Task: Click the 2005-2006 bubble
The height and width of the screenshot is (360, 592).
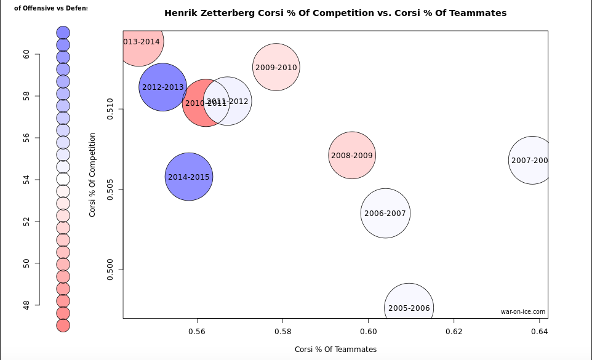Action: tap(409, 308)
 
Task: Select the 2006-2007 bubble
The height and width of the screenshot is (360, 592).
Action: tap(385, 214)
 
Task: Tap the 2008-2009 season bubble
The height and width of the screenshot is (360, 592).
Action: tap(352, 156)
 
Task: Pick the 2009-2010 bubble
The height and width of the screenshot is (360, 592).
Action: tap(276, 67)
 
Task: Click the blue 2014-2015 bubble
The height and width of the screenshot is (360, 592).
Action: tap(189, 177)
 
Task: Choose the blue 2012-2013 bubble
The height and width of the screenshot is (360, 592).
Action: tap(162, 87)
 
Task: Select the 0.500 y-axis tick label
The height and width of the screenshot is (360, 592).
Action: tap(111, 270)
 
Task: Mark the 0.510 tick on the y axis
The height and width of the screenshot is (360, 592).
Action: tap(111, 110)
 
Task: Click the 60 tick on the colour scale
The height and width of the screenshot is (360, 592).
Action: tap(27, 54)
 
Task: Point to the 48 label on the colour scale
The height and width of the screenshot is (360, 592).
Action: tap(27, 305)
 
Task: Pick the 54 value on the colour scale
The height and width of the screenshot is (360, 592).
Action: tap(27, 180)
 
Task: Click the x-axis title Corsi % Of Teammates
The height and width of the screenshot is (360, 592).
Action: tap(335, 349)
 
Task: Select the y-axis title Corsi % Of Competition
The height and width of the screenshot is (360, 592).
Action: tap(92, 175)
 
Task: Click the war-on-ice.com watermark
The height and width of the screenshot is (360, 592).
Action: tap(522, 311)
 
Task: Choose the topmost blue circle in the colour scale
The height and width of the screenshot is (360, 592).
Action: tap(63, 33)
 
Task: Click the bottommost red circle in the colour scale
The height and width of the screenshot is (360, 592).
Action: tap(63, 325)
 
